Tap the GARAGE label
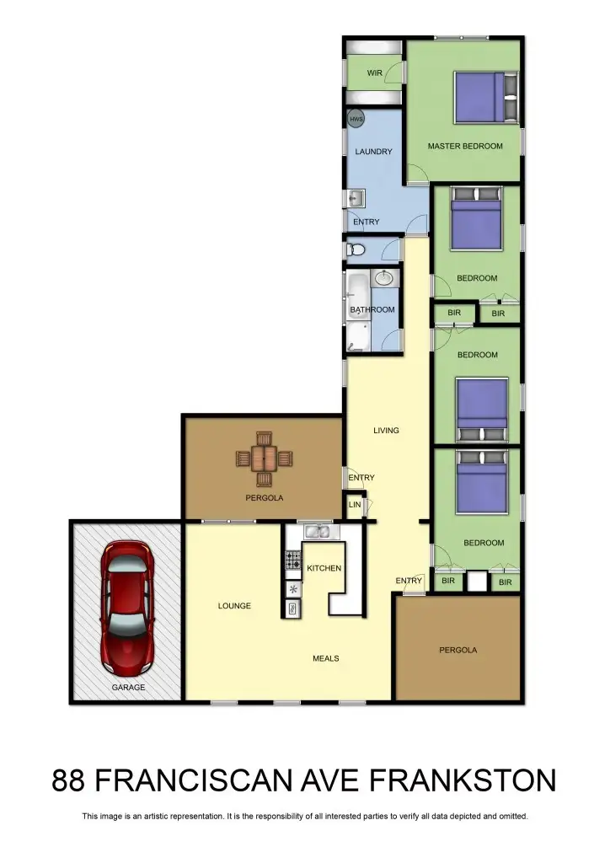[x=128, y=688]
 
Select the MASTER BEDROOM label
[x=464, y=147]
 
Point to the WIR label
[x=375, y=74]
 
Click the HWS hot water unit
[x=356, y=120]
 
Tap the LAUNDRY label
[x=373, y=153]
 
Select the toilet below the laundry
[x=356, y=249]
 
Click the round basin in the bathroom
[x=383, y=278]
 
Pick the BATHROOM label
[x=372, y=310]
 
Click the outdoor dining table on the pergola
[x=265, y=458]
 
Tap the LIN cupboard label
[x=355, y=506]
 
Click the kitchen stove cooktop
[x=293, y=559]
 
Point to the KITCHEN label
[x=324, y=569]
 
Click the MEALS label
[x=325, y=658]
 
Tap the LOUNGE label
[x=234, y=606]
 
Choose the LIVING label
[x=386, y=431]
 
